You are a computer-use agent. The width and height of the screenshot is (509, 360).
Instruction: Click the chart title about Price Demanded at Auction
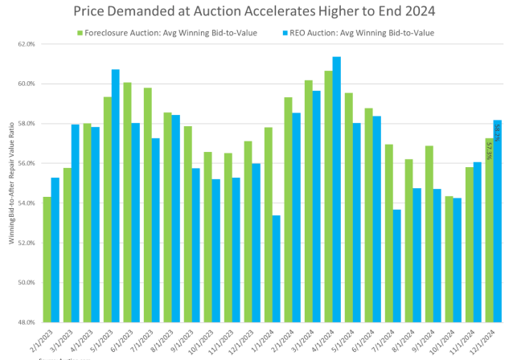(254, 11)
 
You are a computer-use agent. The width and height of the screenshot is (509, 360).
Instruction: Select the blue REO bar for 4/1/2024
(337, 190)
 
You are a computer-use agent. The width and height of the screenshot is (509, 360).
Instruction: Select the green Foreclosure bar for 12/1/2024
(489, 230)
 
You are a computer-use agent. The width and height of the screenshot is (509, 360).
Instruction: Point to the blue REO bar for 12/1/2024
(498, 221)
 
